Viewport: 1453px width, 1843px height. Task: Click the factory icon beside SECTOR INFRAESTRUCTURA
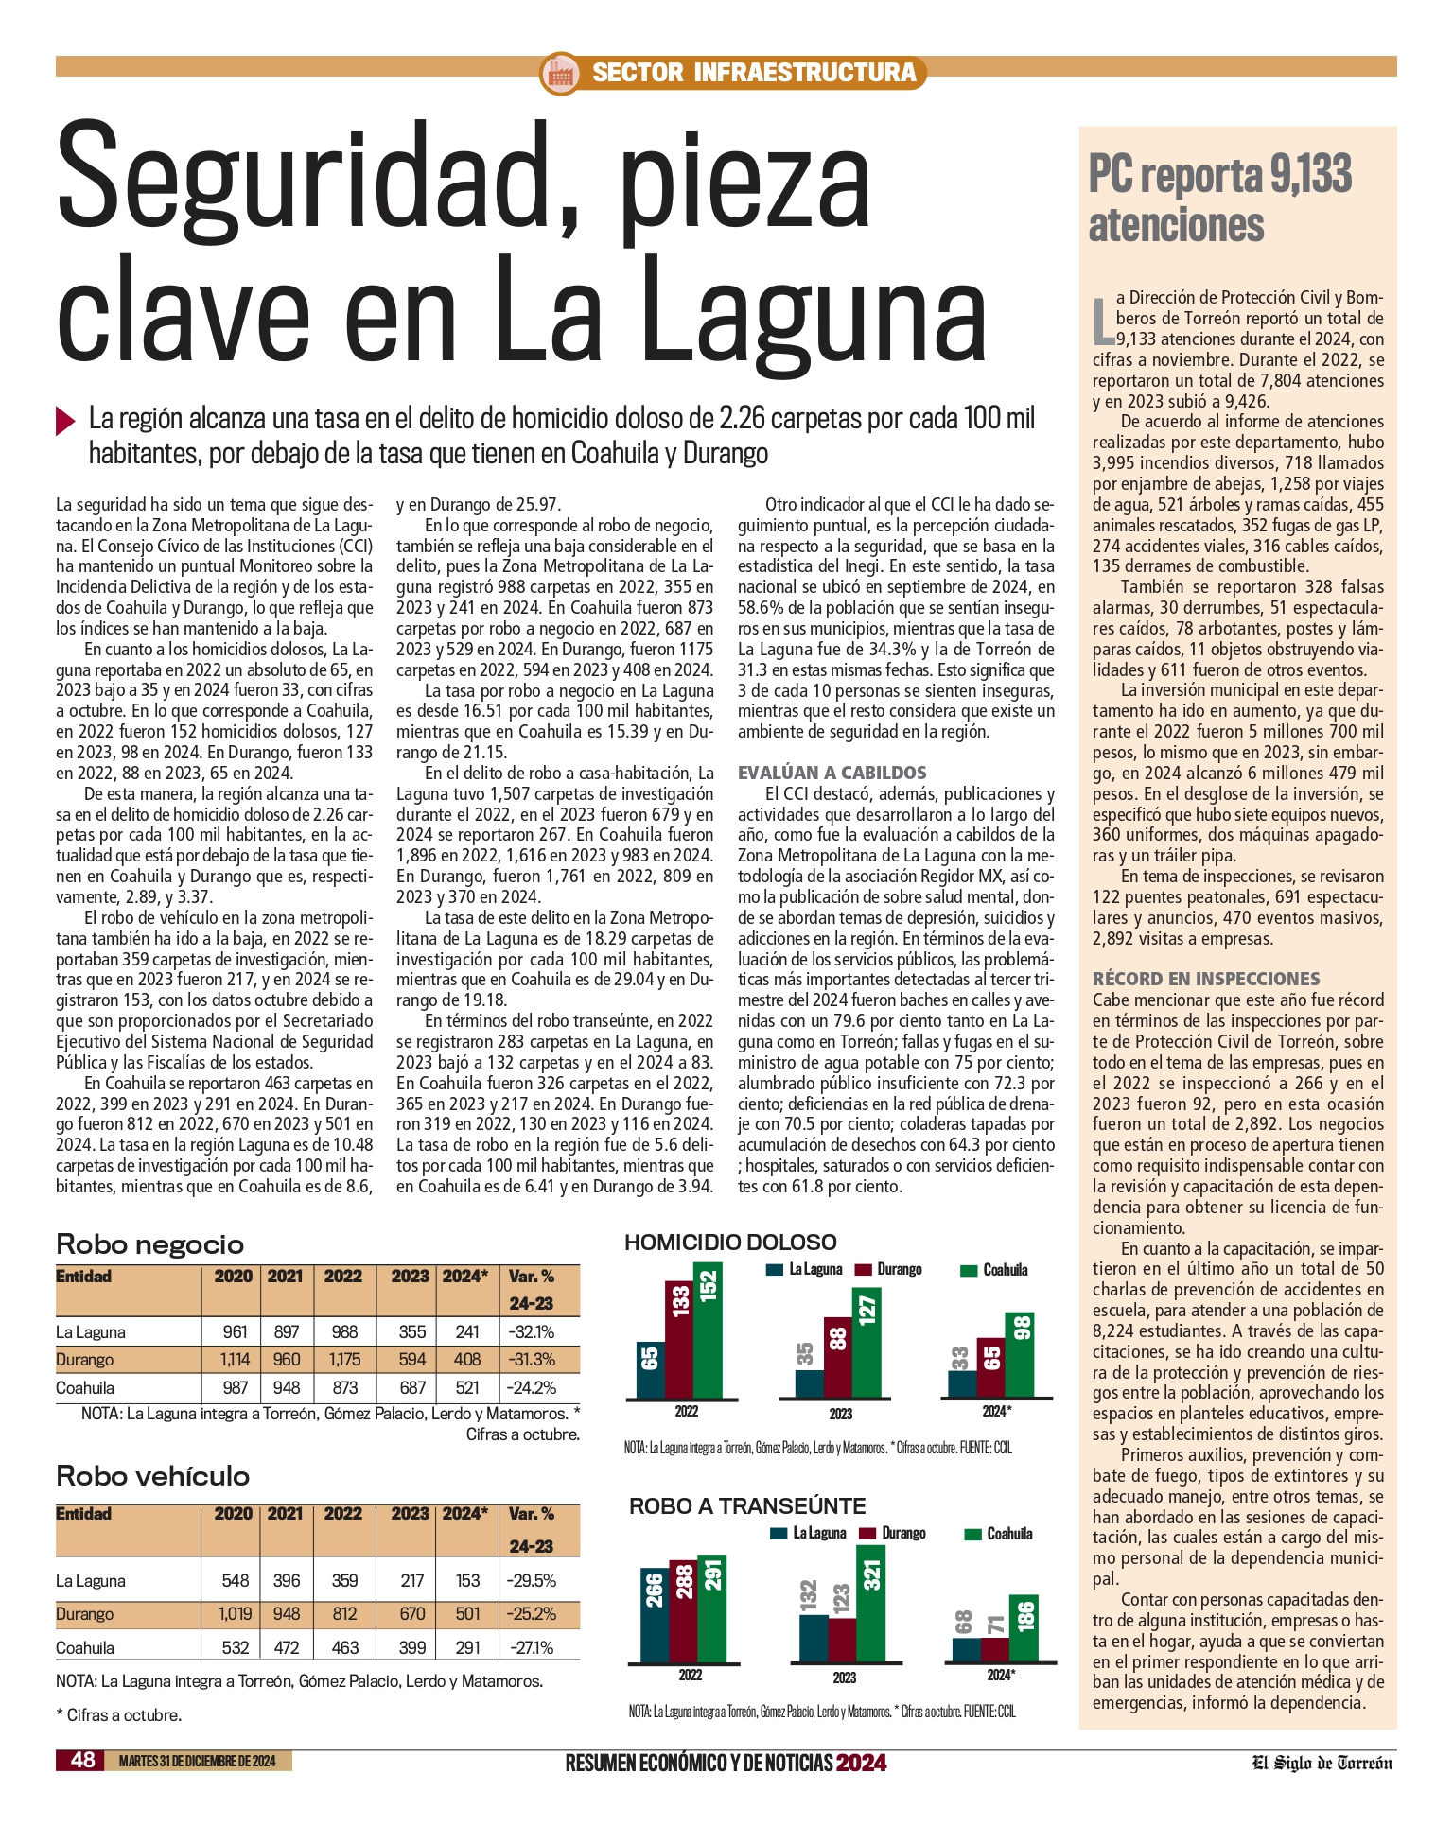click(x=560, y=73)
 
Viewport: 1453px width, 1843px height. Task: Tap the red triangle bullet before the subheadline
click(x=65, y=420)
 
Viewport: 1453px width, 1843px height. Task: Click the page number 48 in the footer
click(x=83, y=1760)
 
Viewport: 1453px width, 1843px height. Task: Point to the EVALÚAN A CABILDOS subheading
click(x=832, y=773)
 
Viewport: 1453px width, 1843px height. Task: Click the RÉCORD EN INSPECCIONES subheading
click(x=1205, y=979)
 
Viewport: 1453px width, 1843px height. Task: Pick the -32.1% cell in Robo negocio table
click(x=531, y=1331)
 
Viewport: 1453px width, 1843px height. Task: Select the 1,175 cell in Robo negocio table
click(x=344, y=1360)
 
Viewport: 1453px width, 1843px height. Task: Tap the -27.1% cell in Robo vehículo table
click(x=531, y=1647)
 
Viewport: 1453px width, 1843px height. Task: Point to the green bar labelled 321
click(x=871, y=1604)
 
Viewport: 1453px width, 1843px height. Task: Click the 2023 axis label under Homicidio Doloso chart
click(x=840, y=1414)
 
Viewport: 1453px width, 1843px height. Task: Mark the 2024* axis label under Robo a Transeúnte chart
click(x=999, y=1675)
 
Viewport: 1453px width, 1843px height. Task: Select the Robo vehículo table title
click(x=153, y=1476)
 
